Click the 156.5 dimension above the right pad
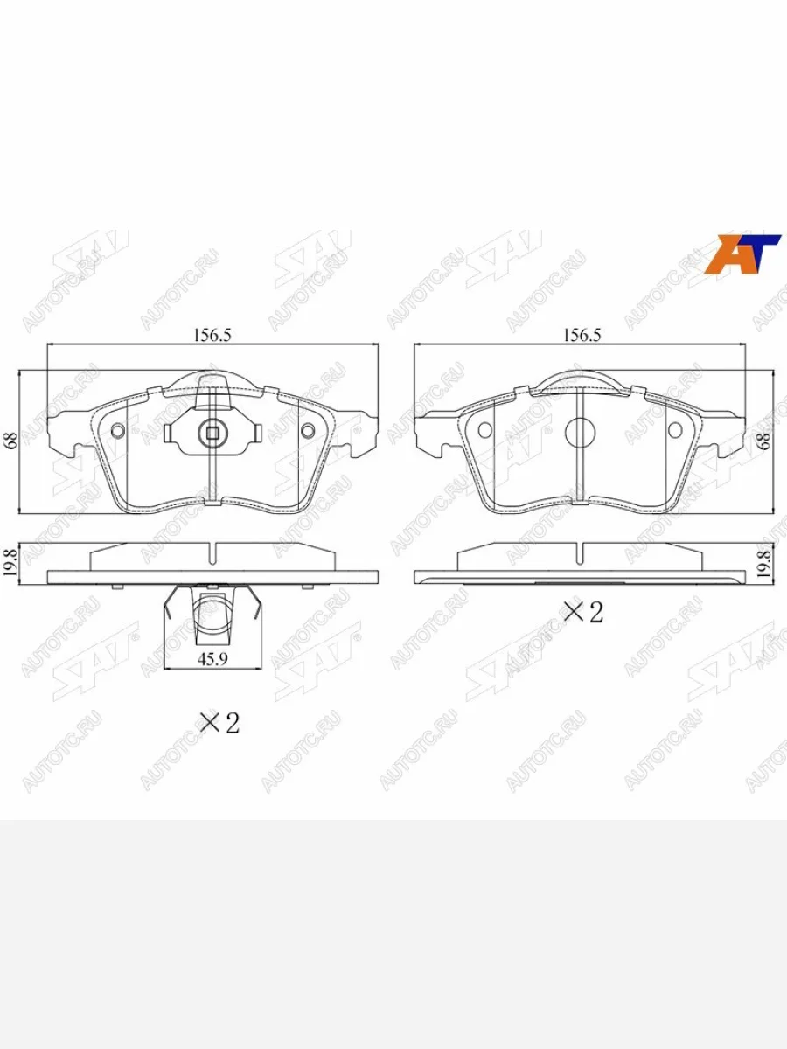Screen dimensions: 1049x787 (x=580, y=334)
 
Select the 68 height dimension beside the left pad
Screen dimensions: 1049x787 (x=11, y=441)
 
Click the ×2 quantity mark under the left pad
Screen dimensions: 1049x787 (x=219, y=723)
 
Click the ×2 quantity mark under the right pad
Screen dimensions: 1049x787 (x=583, y=612)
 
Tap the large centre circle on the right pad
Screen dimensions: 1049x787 (x=581, y=431)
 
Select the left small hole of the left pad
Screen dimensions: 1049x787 (x=119, y=430)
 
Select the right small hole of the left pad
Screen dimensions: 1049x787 (x=307, y=430)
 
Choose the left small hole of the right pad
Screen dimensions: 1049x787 (x=485, y=430)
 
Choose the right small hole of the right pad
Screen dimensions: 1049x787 (x=675, y=430)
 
